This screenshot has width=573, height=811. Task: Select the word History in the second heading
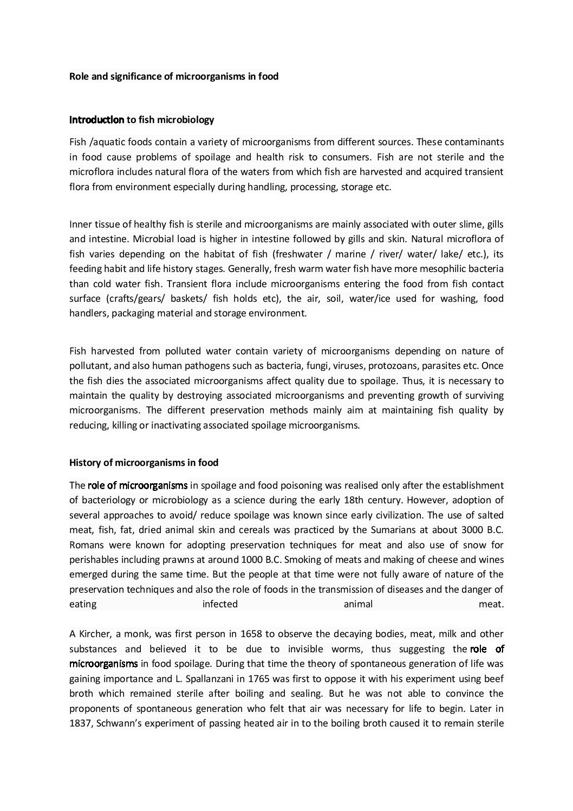coord(84,463)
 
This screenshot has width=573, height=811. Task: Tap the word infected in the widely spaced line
coord(220,604)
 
